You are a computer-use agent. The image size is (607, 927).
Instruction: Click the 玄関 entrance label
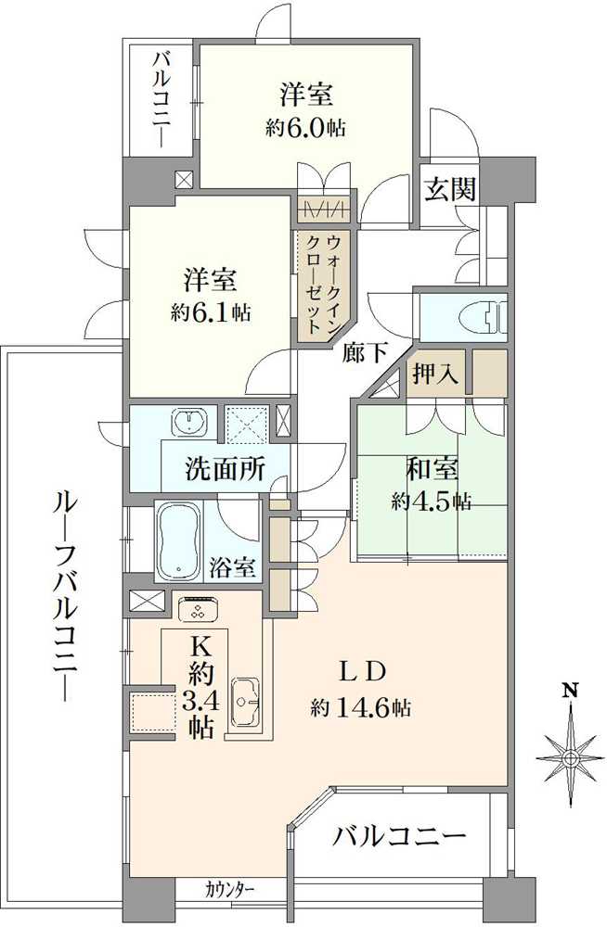coord(452,189)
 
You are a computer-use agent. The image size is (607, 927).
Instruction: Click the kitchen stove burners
coord(197,609)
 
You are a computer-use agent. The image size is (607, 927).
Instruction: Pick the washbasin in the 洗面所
coord(192,421)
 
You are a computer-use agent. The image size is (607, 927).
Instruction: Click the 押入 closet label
coord(436,374)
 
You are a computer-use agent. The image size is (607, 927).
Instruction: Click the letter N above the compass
coord(571,691)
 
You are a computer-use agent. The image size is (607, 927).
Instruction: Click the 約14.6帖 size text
coord(361,708)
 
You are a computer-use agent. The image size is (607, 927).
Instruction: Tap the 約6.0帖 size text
coord(305,128)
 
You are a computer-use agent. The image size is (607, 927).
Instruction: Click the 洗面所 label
coord(225,468)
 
